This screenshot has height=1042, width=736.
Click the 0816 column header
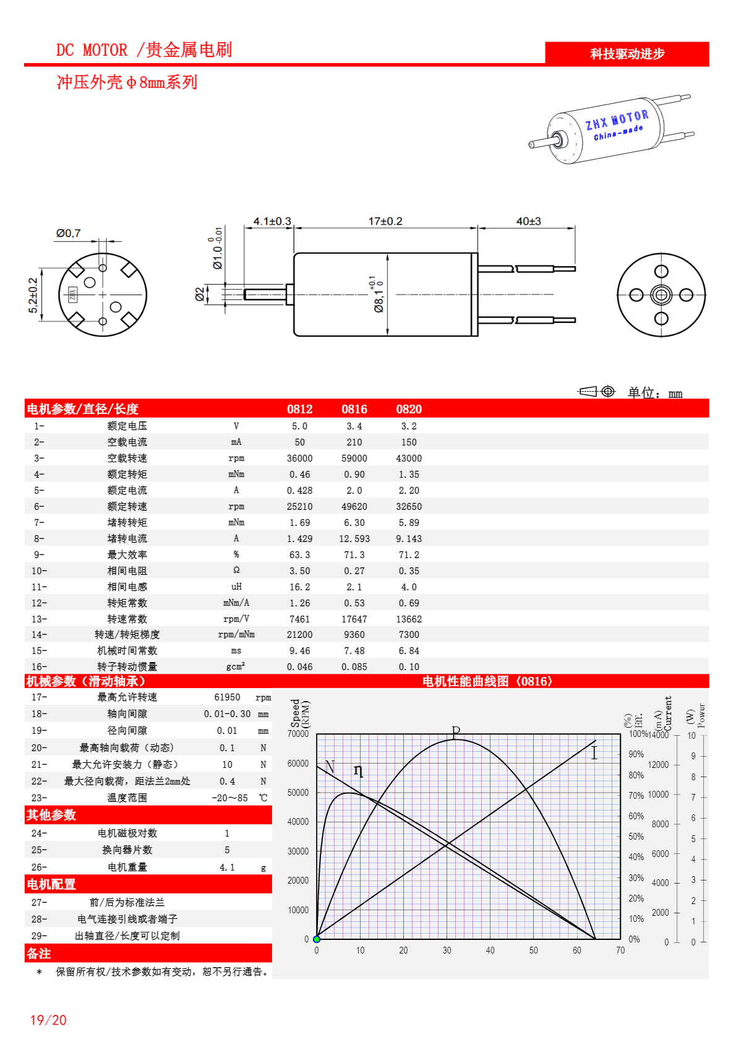(x=354, y=409)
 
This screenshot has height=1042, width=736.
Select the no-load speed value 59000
(x=354, y=459)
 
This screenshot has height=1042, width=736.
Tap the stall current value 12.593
(x=354, y=539)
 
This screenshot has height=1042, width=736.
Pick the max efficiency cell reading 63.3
(x=300, y=555)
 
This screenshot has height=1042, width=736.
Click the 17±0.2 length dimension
(x=385, y=221)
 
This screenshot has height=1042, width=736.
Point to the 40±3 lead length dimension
(x=529, y=221)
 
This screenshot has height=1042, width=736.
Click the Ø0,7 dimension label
(x=68, y=233)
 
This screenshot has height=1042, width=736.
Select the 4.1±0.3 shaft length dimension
(x=272, y=221)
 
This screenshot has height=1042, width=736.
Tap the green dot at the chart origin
(x=317, y=939)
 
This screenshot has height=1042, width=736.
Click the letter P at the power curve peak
(x=456, y=732)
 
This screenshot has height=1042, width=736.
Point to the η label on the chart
(x=358, y=770)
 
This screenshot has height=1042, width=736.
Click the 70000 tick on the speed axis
(x=298, y=734)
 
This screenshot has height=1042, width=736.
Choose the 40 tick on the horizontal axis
(x=490, y=950)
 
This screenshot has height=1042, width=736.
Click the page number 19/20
(x=48, y=1020)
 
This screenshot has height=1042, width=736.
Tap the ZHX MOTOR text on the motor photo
(x=617, y=120)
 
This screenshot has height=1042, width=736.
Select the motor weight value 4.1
(x=227, y=868)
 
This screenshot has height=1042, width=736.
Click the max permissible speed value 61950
(x=227, y=697)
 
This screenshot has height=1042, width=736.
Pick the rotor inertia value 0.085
(x=354, y=667)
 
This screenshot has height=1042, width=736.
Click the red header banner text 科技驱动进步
(x=627, y=54)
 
